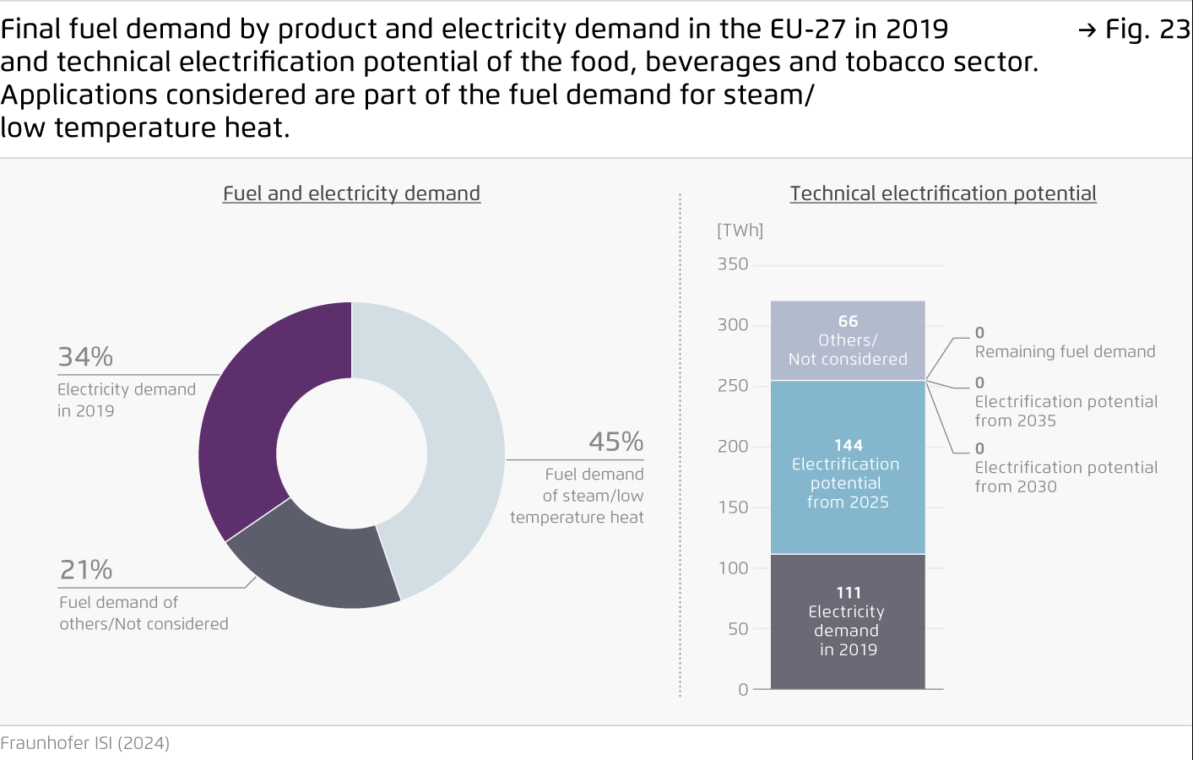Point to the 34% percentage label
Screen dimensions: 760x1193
click(85, 357)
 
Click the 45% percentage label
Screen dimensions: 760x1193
click(615, 442)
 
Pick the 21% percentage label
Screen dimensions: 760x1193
click(86, 570)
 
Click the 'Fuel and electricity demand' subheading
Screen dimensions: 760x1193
click(351, 193)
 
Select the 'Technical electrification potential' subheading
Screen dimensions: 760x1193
click(943, 193)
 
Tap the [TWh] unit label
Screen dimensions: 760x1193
click(740, 231)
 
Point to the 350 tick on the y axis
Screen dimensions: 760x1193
click(733, 264)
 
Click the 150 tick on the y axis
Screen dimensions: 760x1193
click(733, 508)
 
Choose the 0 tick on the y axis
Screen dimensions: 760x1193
click(743, 690)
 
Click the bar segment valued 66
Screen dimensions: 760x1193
click(848, 340)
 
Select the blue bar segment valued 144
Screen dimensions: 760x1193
click(848, 473)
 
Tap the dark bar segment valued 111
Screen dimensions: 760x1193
click(848, 622)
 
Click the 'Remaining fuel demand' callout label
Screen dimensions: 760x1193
click(1065, 352)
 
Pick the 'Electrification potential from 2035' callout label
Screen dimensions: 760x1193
click(1066, 410)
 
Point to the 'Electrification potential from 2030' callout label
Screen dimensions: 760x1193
click(1066, 476)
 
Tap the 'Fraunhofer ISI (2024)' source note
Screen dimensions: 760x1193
click(85, 743)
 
